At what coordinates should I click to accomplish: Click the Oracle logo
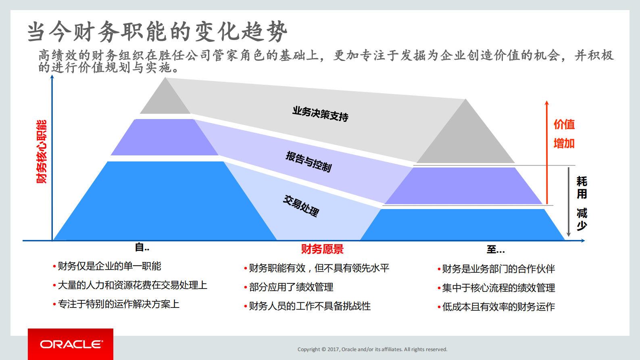pyautogui.click(x=71, y=344)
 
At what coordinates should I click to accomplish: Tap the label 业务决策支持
pyautogui.click(x=320, y=114)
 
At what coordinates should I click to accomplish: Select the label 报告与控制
pyautogui.click(x=309, y=161)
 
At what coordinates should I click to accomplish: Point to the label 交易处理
pyautogui.click(x=301, y=206)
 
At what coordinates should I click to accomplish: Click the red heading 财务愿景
pyautogui.click(x=322, y=249)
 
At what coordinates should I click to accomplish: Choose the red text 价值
pyautogui.click(x=564, y=124)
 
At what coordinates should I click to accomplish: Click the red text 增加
pyautogui.click(x=564, y=143)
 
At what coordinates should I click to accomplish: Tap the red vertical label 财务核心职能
pyautogui.click(x=42, y=151)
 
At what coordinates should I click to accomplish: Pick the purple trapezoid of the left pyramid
pyautogui.click(x=165, y=137)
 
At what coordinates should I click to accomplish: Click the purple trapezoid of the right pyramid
pyautogui.click(x=464, y=186)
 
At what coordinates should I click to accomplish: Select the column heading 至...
pyautogui.click(x=495, y=249)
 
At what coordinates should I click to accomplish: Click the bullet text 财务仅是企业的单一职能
pyautogui.click(x=109, y=266)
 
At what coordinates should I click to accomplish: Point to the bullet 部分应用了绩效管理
pyautogui.click(x=291, y=287)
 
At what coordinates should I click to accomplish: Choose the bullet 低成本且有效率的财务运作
pyautogui.click(x=498, y=307)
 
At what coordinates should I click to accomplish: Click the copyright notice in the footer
pyautogui.click(x=372, y=350)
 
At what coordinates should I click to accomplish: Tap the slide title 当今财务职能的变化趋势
pyautogui.click(x=157, y=31)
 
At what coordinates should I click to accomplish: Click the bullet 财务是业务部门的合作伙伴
pyautogui.click(x=498, y=269)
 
